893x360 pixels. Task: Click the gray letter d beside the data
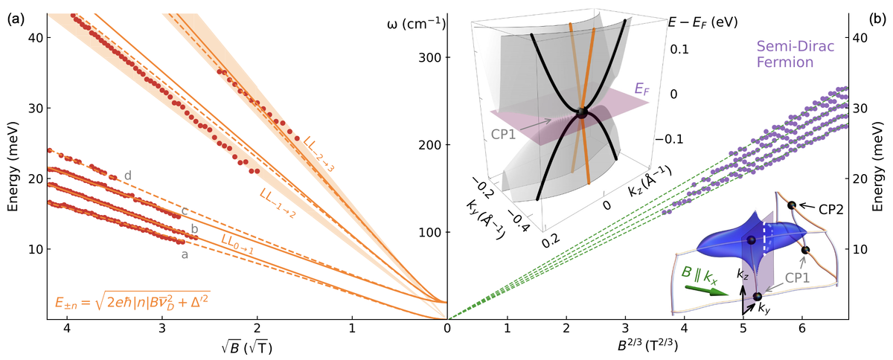tap(129, 176)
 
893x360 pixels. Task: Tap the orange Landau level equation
tap(132, 302)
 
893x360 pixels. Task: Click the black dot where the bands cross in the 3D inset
tap(582, 113)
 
